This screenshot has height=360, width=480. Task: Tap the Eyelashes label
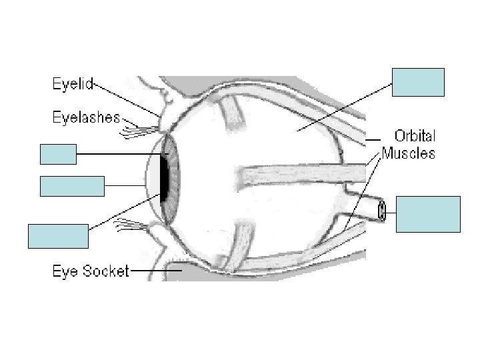[x=86, y=118]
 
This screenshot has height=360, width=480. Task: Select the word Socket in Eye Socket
[x=106, y=272]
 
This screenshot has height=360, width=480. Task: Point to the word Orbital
[x=414, y=137]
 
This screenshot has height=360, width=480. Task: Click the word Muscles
[x=409, y=154]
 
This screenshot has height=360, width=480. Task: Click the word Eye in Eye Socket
[x=66, y=272]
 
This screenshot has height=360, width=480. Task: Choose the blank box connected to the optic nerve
[x=428, y=213]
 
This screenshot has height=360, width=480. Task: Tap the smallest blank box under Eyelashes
[x=57, y=154]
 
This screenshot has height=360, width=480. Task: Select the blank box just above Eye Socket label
[x=58, y=236]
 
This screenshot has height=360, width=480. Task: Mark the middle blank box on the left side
[x=73, y=186]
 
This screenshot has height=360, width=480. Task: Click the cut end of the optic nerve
[x=382, y=211]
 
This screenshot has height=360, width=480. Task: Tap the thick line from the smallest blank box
[x=117, y=155]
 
